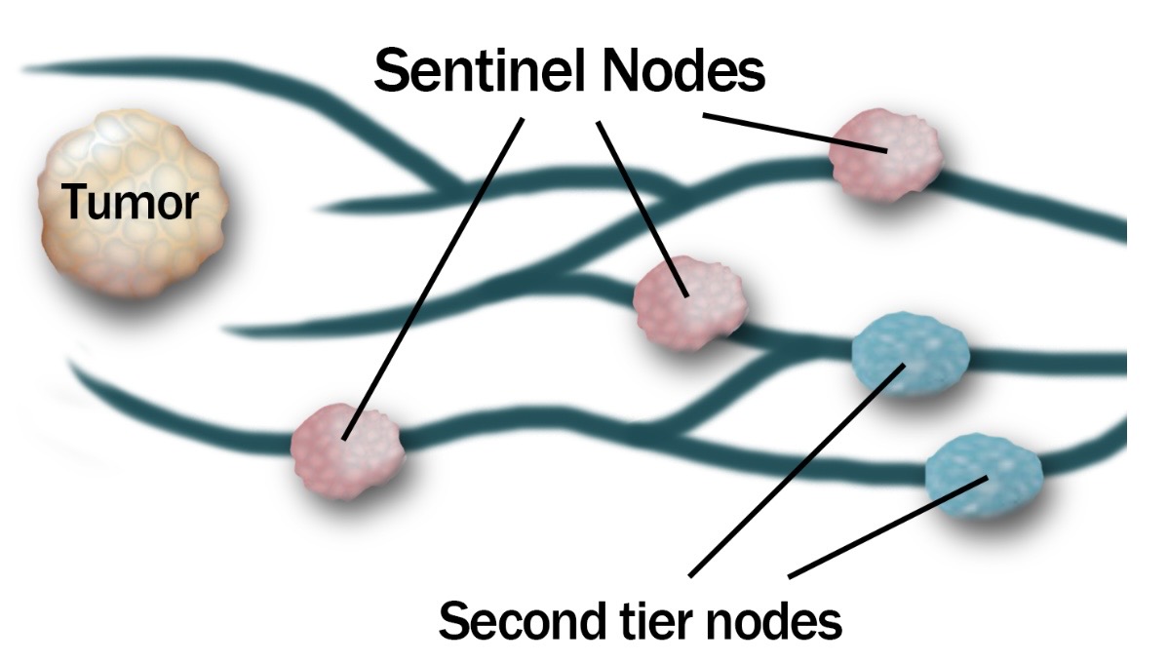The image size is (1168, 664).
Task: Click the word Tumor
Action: [130, 204]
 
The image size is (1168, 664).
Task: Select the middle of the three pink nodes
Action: [688, 299]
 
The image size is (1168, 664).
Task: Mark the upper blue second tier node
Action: [910, 354]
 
